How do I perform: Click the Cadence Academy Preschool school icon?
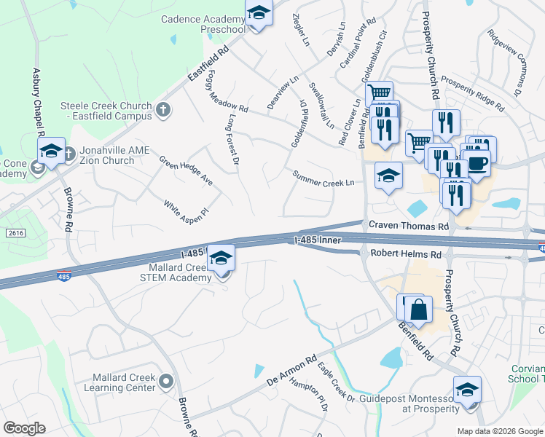[x=258, y=14]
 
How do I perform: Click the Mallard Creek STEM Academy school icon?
[x=221, y=258]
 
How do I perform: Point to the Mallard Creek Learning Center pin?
[x=168, y=381]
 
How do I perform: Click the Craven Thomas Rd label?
[x=408, y=226]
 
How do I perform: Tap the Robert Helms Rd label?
[x=406, y=254]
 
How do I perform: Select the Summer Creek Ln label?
[x=323, y=178]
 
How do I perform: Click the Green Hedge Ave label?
[x=187, y=170]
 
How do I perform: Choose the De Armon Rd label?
[x=291, y=371]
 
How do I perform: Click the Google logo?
[x=24, y=428]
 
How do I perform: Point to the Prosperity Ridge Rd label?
[x=472, y=93]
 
